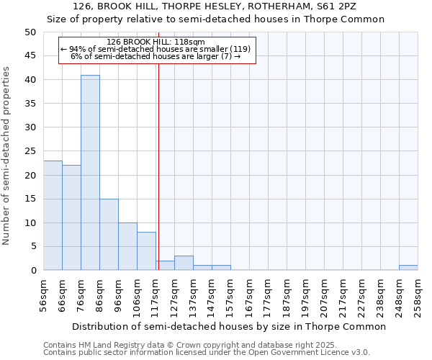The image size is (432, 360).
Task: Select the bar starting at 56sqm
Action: coord(53,215)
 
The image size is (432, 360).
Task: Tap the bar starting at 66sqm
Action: coord(71,217)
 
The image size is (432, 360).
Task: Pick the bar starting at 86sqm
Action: coord(109,235)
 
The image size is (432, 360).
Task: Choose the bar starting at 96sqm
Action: coord(127,246)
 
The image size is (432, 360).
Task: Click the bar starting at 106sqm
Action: coord(146,251)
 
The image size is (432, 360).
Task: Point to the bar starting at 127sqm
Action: coord(184,263)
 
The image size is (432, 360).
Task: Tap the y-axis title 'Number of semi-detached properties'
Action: coord(7,156)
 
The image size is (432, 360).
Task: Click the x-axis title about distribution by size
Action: coord(230,326)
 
